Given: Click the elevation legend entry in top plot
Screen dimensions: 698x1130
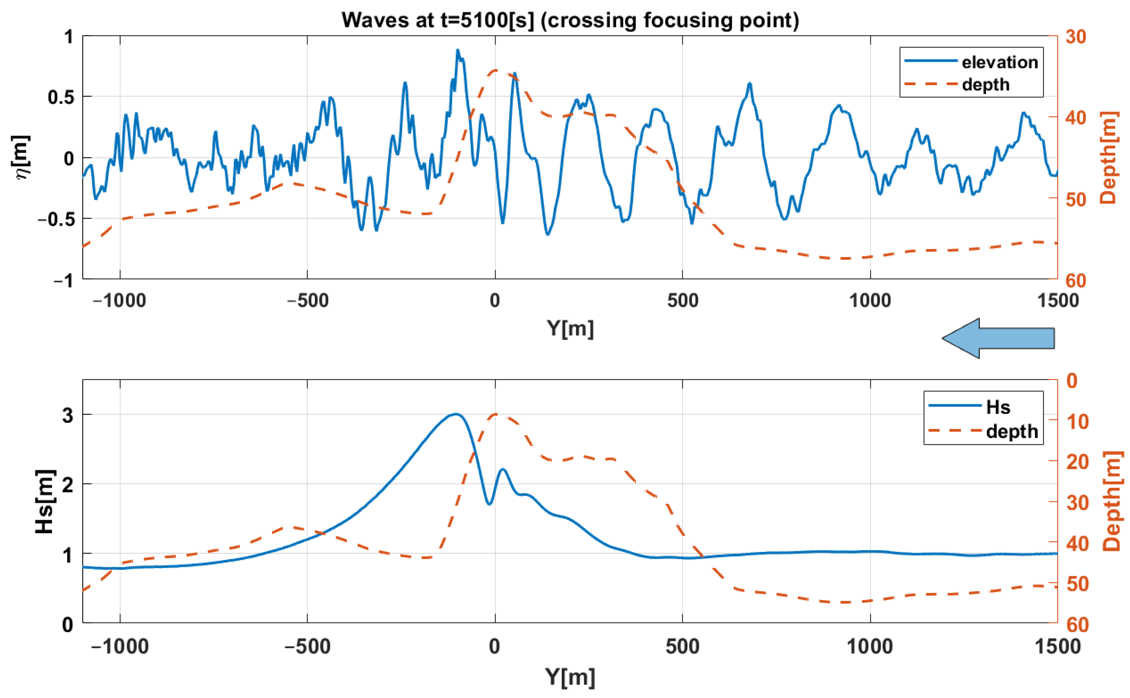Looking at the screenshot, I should pyautogui.click(x=999, y=62).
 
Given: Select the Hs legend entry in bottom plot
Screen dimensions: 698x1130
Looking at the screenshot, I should pyautogui.click(x=998, y=407).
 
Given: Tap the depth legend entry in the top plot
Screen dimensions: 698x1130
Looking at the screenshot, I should pyautogui.click(x=985, y=84).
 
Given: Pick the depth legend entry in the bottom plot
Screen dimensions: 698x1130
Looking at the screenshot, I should pyautogui.click(x=1011, y=431).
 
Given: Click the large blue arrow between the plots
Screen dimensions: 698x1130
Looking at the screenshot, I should pyautogui.click(x=998, y=338).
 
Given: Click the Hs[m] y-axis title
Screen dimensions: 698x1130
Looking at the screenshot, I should pyautogui.click(x=45, y=502).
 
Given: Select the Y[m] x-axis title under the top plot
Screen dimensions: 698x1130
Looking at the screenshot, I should pyautogui.click(x=570, y=329).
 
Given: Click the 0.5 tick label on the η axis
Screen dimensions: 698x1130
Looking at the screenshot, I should pyautogui.click(x=60, y=97).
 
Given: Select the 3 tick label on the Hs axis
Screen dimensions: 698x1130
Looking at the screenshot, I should pyautogui.click(x=68, y=415).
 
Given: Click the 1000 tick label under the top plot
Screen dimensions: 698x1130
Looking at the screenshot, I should pyautogui.click(x=870, y=301).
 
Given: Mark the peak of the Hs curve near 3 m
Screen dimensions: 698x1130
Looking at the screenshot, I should pyautogui.click(x=456, y=413).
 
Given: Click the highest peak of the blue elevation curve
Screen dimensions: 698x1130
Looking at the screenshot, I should pyautogui.click(x=457, y=50).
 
